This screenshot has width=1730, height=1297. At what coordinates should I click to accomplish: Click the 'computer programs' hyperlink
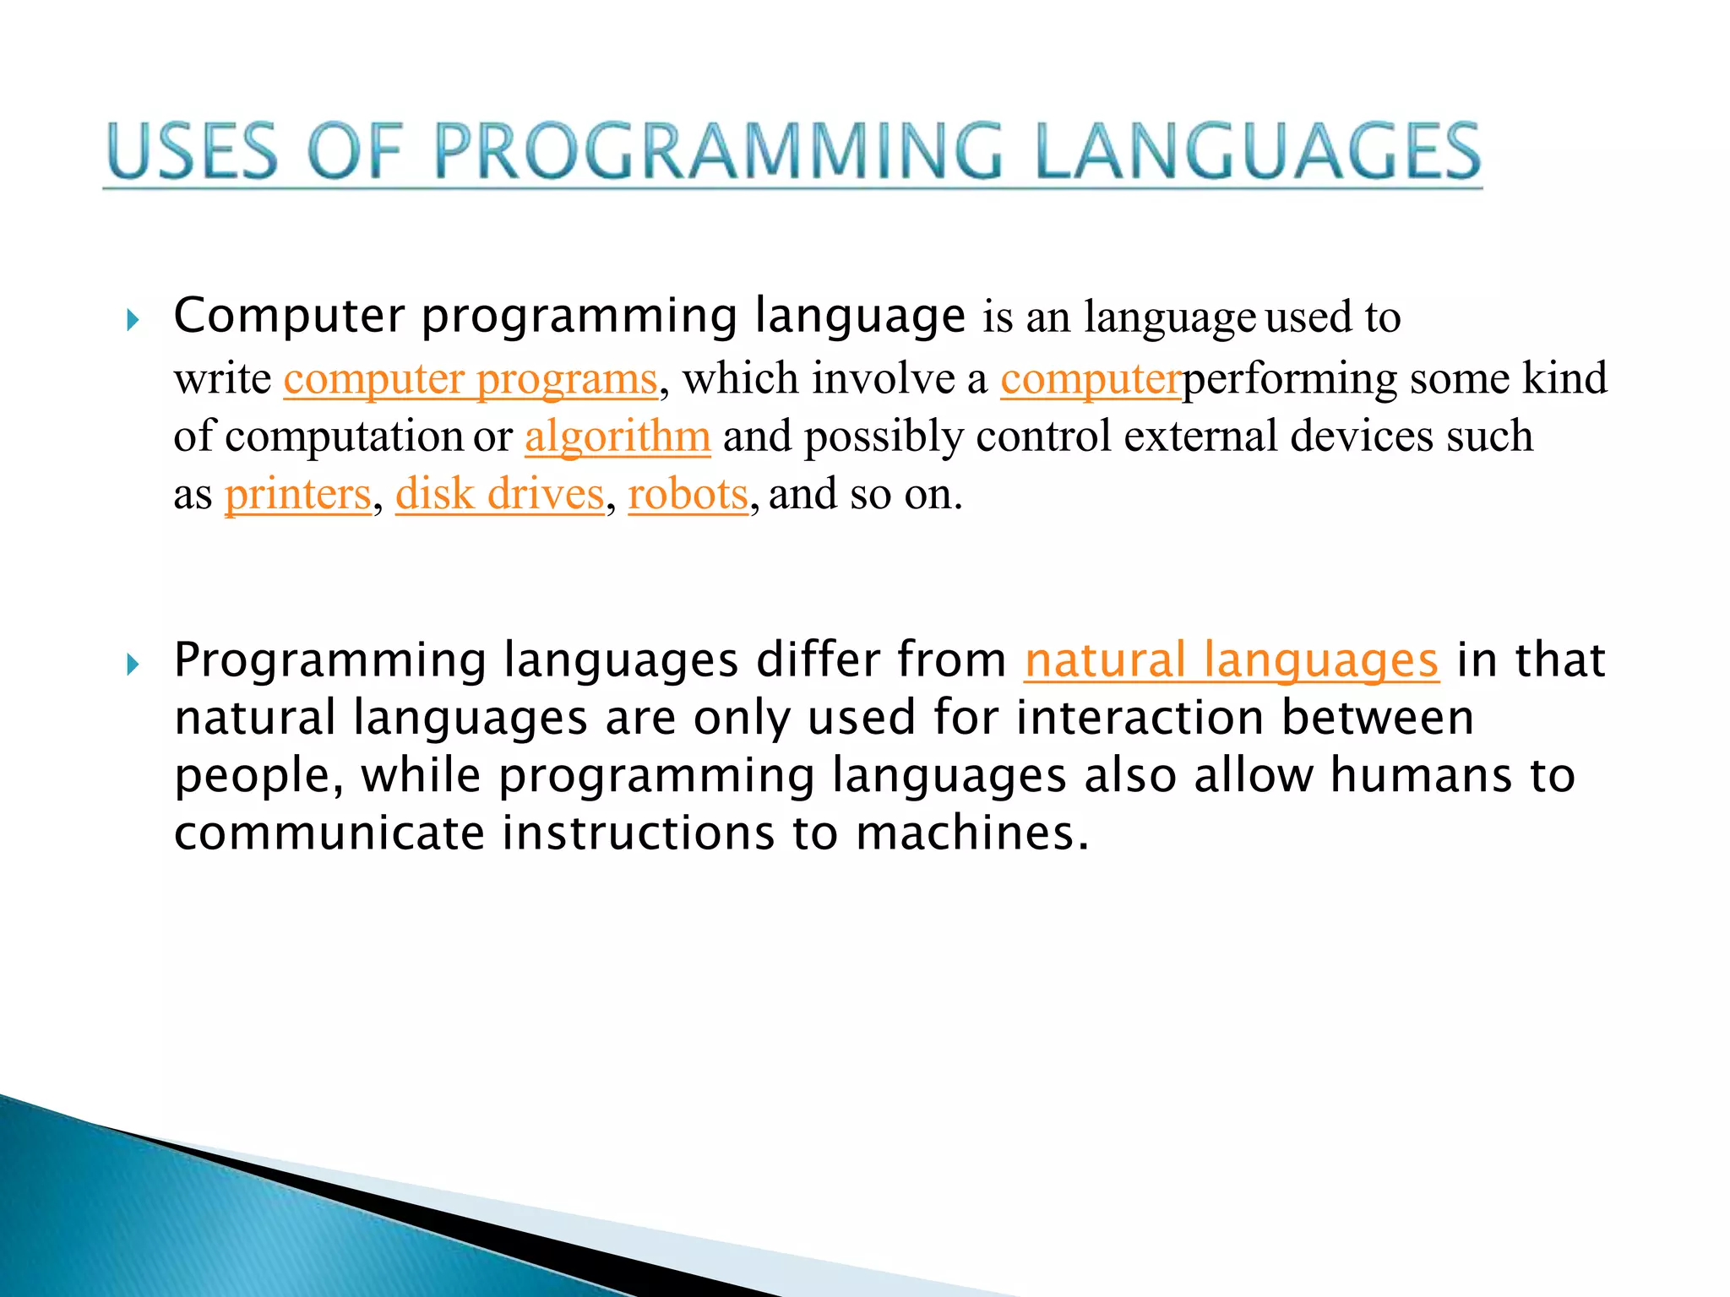pos(470,378)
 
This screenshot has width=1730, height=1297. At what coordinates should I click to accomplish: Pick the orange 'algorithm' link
pos(617,437)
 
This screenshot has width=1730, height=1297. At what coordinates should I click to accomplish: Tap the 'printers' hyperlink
pos(297,494)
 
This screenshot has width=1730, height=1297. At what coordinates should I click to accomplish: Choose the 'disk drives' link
pos(500,494)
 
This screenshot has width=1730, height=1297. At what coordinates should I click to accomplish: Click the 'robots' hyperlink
pos(688,494)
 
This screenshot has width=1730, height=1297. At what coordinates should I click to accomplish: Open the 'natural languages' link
pos(1231,660)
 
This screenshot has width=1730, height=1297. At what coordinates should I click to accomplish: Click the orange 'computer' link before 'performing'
pos(1090,378)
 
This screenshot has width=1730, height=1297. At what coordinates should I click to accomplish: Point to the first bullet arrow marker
pos(133,320)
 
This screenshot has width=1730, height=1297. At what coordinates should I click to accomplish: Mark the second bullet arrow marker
pos(133,665)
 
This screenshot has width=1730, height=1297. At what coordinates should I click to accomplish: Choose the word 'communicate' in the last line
pos(329,833)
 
